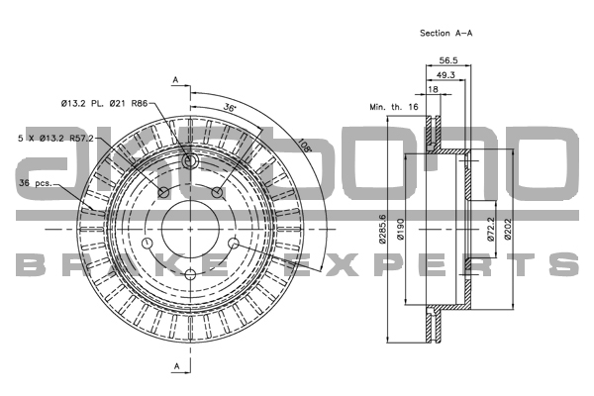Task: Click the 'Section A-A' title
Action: [445, 34]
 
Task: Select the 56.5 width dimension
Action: [448, 60]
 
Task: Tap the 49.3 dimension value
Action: [445, 75]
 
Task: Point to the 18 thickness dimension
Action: [433, 89]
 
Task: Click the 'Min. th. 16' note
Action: [394, 107]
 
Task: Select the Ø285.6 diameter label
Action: [382, 229]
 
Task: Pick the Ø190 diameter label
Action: [401, 229]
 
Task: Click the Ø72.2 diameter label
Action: [491, 229]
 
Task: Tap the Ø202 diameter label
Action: [508, 229]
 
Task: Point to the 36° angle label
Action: [230, 107]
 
